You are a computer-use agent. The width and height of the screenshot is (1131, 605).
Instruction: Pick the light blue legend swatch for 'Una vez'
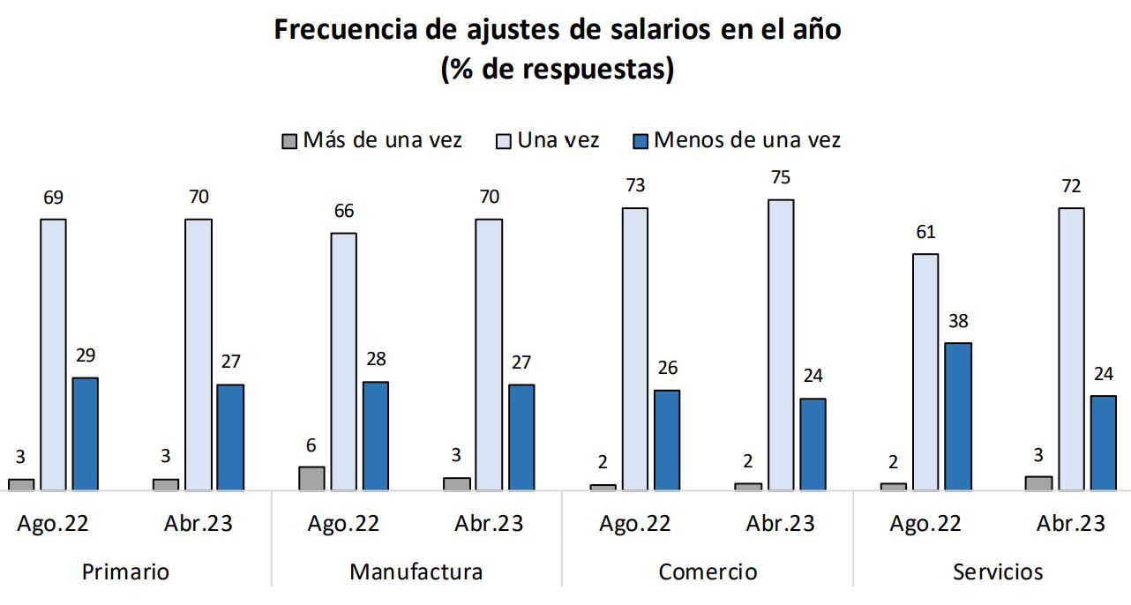504,141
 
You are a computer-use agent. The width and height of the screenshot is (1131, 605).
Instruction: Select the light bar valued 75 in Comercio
781,344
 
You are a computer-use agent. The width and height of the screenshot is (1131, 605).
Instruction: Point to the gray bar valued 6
311,478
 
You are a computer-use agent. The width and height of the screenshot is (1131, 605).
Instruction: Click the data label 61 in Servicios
925,233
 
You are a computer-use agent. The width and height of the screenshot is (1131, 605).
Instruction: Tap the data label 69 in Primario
53,198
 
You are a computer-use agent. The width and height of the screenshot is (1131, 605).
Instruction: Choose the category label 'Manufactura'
416,571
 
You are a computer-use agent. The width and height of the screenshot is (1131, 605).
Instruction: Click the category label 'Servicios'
998,571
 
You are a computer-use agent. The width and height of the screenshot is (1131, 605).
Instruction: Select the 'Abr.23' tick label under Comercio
781,524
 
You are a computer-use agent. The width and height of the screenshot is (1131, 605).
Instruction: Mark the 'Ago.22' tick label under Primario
53,524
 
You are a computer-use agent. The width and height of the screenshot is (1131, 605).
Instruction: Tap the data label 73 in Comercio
634,186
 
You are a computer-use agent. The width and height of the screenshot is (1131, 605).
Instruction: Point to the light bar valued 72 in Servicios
1071,348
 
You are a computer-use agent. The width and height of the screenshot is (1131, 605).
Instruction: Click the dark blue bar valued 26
667,440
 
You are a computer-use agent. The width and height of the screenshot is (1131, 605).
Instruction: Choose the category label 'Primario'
125,571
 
